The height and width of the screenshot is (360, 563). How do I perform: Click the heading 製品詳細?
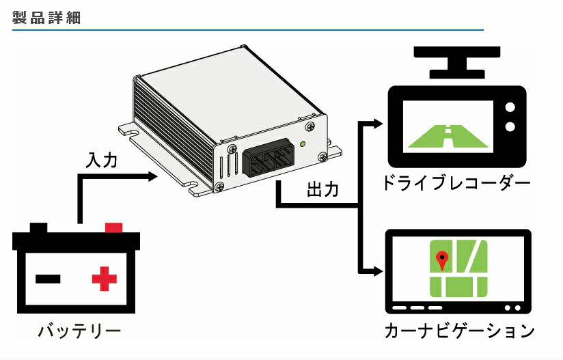pos(46,18)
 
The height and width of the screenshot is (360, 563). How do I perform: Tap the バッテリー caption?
pos(79,333)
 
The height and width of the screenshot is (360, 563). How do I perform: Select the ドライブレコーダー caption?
pos(456,183)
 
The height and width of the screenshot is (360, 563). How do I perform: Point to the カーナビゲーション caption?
pos(458,332)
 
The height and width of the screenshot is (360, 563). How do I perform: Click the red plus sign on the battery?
pos(105,279)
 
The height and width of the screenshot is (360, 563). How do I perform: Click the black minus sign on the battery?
pos(48,279)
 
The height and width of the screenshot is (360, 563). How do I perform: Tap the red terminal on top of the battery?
pos(113,227)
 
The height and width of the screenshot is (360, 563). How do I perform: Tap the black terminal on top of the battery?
pos(39,227)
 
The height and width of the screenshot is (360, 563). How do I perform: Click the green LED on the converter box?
pos(302,143)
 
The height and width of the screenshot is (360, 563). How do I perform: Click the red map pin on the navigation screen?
pos(442,259)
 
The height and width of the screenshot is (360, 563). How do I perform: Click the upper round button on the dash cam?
pos(509,107)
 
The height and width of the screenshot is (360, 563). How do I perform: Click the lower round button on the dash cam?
pos(509,126)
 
